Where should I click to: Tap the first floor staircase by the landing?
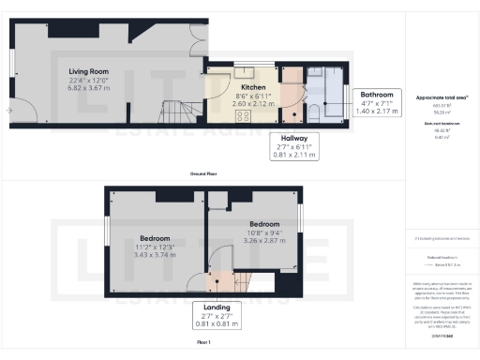click(247, 280)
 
